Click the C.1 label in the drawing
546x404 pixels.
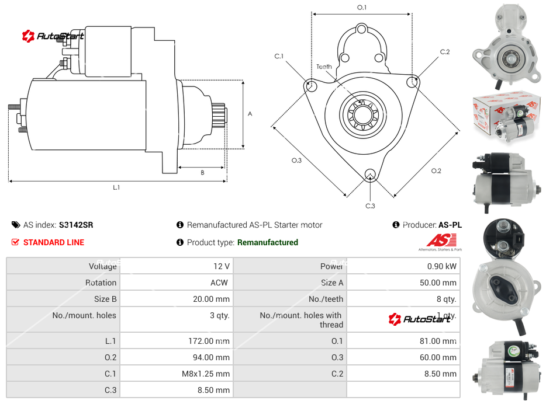click(x=279, y=56)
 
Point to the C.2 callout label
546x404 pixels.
click(x=445, y=52)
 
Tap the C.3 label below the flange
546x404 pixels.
click(x=370, y=206)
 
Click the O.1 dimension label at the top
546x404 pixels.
click(x=362, y=8)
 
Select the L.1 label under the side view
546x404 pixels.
click(x=116, y=187)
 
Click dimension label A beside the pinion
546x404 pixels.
click(x=250, y=114)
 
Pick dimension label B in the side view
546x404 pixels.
click(x=202, y=172)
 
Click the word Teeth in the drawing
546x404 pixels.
click(x=324, y=67)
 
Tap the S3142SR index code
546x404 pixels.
click(x=76, y=225)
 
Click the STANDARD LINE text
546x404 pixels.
click(x=54, y=242)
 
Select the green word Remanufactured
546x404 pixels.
click(x=268, y=242)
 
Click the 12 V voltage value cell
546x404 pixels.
click(x=222, y=266)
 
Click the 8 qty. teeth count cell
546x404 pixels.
click(x=445, y=299)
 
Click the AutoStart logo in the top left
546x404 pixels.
click(x=53, y=36)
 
